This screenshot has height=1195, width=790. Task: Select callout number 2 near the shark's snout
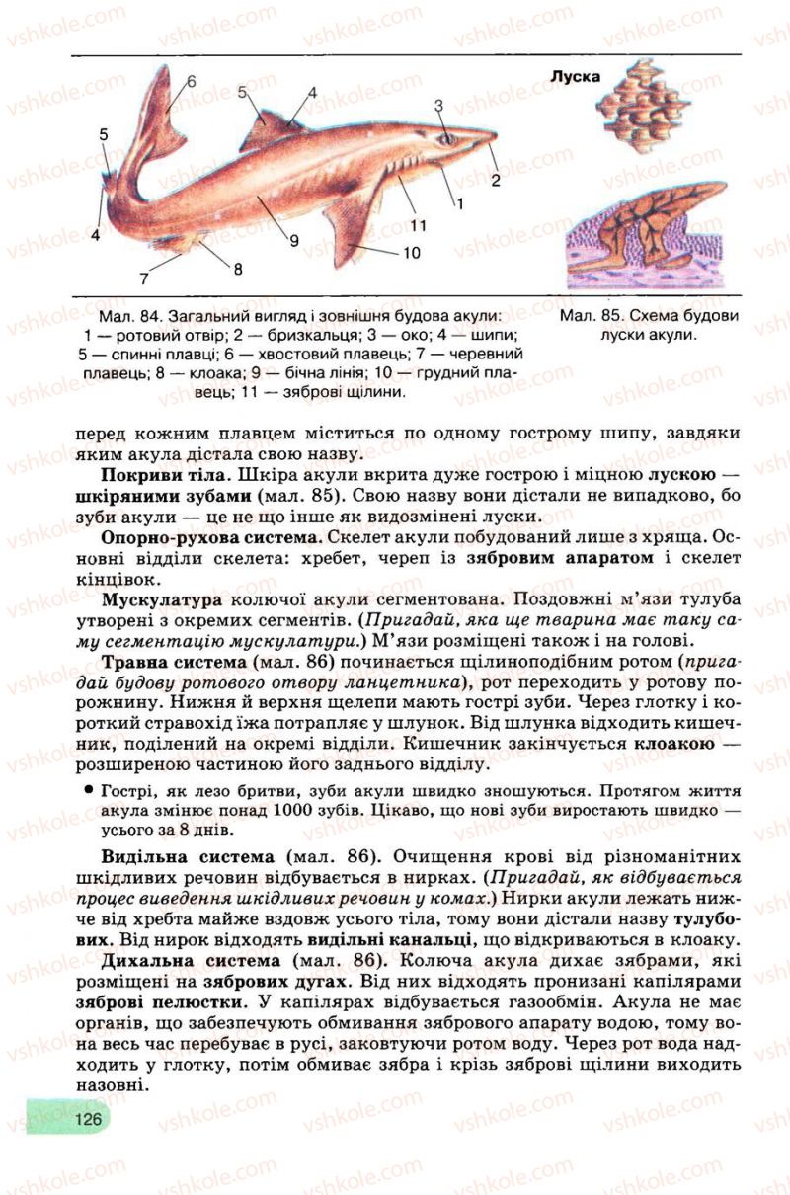pos(496,180)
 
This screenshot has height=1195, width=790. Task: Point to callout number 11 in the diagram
pos(419,224)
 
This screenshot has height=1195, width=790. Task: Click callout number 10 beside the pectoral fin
pos(411,253)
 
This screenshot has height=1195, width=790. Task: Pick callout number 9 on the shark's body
pos(294,238)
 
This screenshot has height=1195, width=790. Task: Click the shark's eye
pos(447,139)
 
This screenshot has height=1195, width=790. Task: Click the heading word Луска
pos(575,76)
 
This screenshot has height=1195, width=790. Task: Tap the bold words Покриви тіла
pos(155,478)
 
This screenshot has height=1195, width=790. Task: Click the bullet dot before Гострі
pos(88,790)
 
